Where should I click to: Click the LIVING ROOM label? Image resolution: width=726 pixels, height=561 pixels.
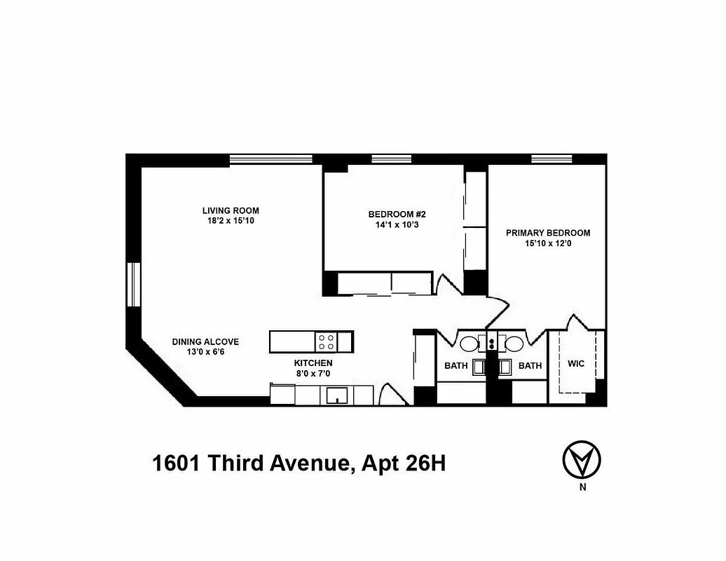231,210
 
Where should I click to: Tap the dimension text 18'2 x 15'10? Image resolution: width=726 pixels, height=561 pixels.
231,221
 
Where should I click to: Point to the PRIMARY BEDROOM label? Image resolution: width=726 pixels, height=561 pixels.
548,233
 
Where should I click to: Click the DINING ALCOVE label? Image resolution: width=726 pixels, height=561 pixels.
205,342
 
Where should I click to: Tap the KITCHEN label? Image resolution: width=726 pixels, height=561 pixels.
313,363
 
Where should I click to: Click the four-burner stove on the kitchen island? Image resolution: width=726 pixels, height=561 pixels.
326,342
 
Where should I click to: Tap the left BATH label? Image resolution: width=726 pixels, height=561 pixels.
456,365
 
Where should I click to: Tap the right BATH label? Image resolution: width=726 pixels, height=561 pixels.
530,365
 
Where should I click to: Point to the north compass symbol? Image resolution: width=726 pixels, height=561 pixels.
582,460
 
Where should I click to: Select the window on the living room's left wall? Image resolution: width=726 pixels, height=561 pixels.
133,284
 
